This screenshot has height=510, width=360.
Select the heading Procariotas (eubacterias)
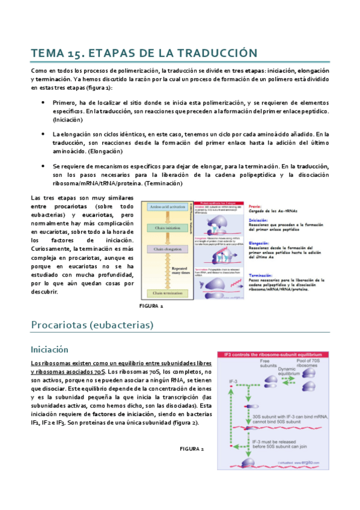tap(92, 325)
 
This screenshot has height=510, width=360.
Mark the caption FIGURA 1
tap(151, 306)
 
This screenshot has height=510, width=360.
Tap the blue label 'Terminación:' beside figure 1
tap(263, 274)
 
